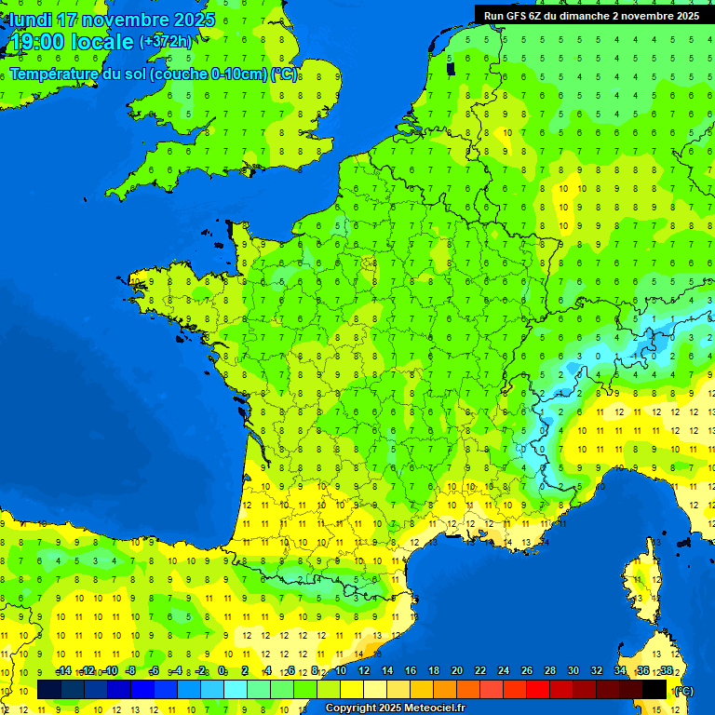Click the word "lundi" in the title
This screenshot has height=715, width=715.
pyautogui.click(x=30, y=20)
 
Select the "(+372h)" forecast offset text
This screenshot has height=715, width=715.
pyautogui.click(x=166, y=42)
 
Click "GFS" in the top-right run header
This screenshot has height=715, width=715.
pyautogui.click(x=515, y=16)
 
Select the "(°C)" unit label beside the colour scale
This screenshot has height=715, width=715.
pyautogui.click(x=684, y=690)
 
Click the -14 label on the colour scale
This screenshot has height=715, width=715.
pyautogui.click(x=64, y=671)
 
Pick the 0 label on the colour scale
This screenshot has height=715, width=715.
pyautogui.click(x=222, y=671)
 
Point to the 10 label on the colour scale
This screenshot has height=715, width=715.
pyautogui.click(x=340, y=671)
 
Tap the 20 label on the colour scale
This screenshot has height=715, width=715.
pyautogui.click(x=457, y=671)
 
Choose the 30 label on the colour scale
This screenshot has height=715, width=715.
pyautogui.click(x=573, y=671)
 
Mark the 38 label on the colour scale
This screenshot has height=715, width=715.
pyautogui.click(x=667, y=671)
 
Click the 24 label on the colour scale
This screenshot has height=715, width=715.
pyautogui.click(x=504, y=671)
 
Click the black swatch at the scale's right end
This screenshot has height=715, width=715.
pyautogui.click(x=654, y=690)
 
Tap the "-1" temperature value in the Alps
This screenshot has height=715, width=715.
pyautogui.click(x=637, y=356)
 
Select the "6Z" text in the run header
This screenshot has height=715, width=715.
pyautogui.click(x=535, y=16)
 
